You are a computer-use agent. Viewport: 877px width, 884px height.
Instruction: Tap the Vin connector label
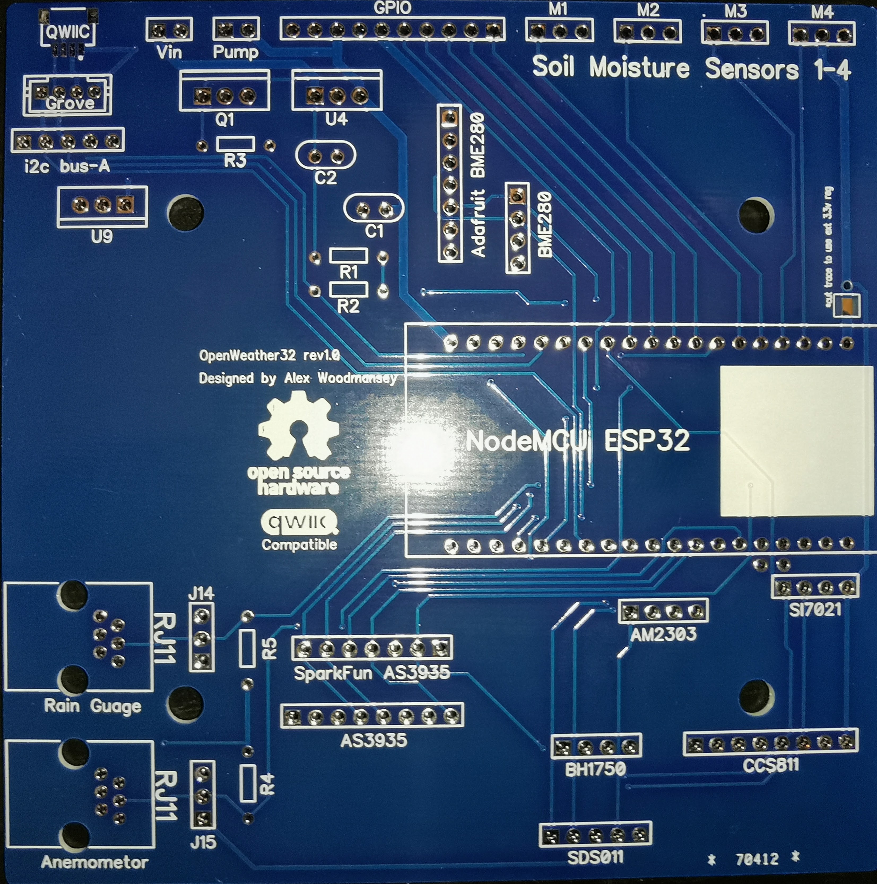169,52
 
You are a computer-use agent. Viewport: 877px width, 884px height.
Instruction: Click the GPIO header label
392,8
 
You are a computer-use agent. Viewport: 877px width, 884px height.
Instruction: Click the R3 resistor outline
235,144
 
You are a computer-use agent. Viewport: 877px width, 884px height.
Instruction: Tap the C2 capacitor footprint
325,156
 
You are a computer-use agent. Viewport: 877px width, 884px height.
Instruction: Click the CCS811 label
771,765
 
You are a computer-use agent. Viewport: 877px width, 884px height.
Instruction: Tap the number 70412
757,859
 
